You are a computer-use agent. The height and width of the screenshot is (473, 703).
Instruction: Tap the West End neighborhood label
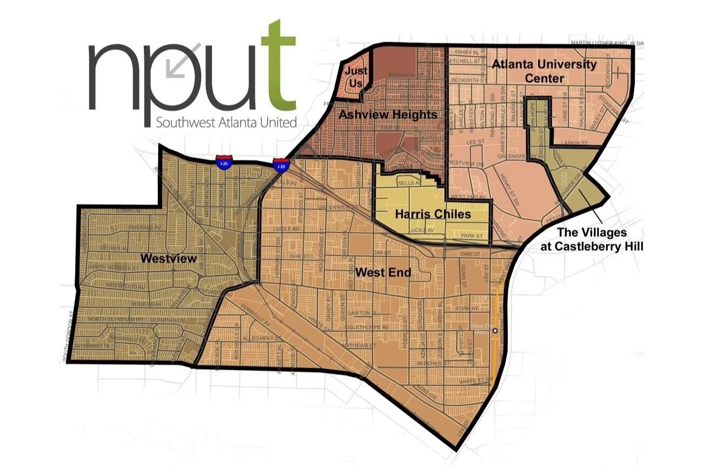383,272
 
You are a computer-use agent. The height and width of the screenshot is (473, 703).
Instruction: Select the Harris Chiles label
433,214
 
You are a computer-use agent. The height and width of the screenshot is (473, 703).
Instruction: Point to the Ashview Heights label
387,115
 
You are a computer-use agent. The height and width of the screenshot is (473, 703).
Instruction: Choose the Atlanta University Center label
544,71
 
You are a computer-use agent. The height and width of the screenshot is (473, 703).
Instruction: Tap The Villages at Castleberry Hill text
592,238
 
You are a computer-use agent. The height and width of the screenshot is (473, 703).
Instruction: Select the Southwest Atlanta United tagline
226,122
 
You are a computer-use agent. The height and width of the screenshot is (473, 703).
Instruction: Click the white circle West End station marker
494,330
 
